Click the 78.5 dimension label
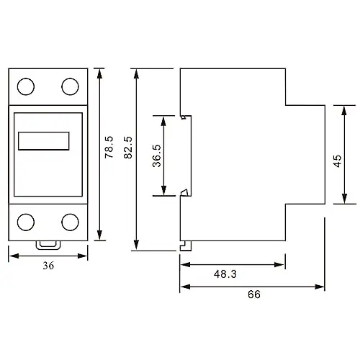coord(109,147)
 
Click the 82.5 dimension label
coord(128,148)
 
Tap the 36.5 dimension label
coord(157,156)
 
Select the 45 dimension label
coord(338,161)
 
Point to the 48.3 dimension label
coord(225,274)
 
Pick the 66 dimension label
coord(254,294)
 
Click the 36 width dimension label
coord(48,266)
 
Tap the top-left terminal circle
coord(26,86)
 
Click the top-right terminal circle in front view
coord(70,86)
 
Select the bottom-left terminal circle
coord(26,222)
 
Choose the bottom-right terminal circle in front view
coord(70,222)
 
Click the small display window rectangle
coord(44,141)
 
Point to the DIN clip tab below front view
coord(48,246)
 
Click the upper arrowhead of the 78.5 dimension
coord(99,73)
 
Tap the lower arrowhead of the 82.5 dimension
coord(136,245)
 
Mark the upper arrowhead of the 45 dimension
coord(344,111)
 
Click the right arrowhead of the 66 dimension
coord(320,287)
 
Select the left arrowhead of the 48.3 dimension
coord(185,265)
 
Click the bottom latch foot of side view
coord(186,246)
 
